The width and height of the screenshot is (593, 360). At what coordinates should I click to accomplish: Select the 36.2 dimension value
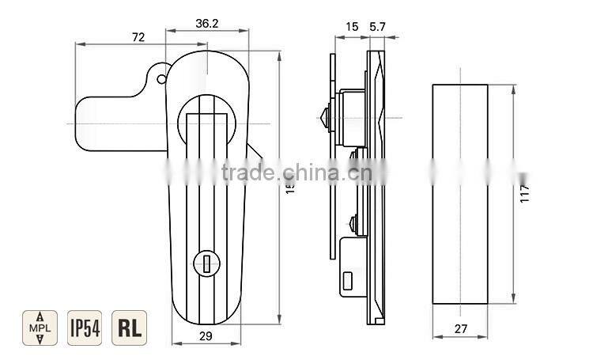206,24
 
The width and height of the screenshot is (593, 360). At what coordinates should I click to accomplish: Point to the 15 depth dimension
352,26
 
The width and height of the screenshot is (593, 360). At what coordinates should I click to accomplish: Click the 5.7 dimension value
378,26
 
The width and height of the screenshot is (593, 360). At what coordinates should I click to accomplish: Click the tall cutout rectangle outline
459,193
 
